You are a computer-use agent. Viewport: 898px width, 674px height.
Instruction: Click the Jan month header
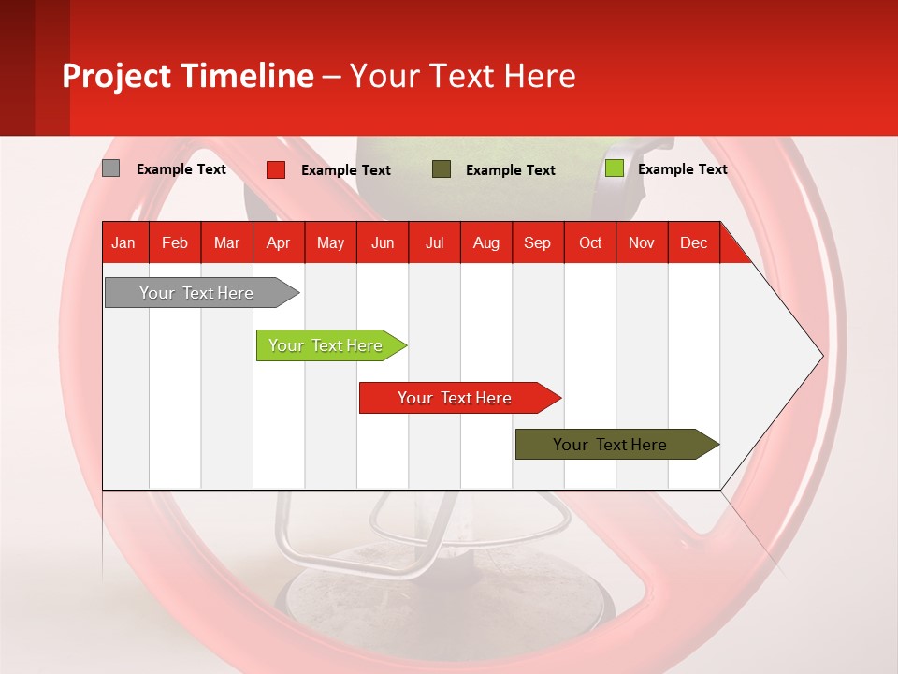pyautogui.click(x=123, y=242)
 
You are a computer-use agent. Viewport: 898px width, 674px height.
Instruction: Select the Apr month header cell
pyautogui.click(x=278, y=242)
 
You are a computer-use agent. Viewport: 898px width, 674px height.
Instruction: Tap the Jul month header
pyautogui.click(x=434, y=242)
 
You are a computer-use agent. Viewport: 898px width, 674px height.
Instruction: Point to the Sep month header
pyautogui.click(x=537, y=242)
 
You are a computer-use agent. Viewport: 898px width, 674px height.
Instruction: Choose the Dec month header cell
pyautogui.click(x=693, y=242)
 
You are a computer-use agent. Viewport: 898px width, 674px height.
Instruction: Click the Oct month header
pyautogui.click(x=590, y=242)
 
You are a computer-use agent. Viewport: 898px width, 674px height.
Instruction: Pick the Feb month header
pyautogui.click(x=175, y=242)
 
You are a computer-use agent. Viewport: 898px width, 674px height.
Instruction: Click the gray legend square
pyautogui.click(x=110, y=168)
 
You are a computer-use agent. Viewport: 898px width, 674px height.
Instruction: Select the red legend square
pyautogui.click(x=276, y=169)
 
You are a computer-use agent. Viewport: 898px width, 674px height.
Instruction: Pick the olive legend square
pyautogui.click(x=442, y=169)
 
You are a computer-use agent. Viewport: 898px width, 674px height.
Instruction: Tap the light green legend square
pyautogui.click(x=614, y=168)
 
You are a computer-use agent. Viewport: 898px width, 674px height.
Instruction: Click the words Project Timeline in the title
pyautogui.click(x=187, y=76)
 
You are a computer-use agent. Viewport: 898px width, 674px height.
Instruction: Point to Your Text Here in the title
pyautogui.click(x=463, y=76)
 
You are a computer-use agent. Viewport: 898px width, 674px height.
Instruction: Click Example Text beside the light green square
pyautogui.click(x=682, y=169)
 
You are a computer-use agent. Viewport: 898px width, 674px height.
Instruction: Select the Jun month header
pyautogui.click(x=383, y=242)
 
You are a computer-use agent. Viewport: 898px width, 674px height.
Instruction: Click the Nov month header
pyautogui.click(x=642, y=242)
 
